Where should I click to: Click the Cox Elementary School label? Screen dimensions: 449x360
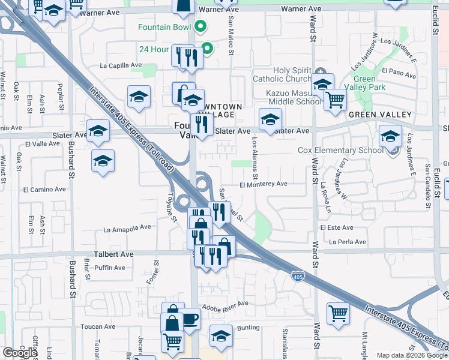coord(340,150)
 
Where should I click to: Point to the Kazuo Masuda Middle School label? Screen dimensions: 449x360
coord(294,97)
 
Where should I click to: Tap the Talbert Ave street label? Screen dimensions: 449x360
coord(113,254)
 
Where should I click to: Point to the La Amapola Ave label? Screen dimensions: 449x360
coord(127,229)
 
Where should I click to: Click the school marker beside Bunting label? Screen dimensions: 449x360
coord(221,335)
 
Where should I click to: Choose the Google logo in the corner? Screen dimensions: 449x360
coord(19,352)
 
